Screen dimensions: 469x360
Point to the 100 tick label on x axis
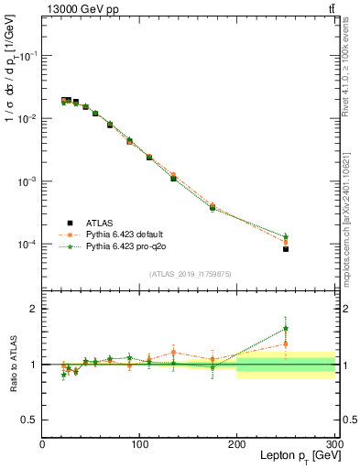pyautogui.click(x=140, y=444)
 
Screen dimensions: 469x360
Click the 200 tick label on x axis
pyautogui.click(x=237, y=444)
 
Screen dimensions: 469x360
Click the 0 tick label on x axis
pyautogui.click(x=42, y=444)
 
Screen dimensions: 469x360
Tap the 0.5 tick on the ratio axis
pyautogui.click(x=30, y=420)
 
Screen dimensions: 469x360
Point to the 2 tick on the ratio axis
pyautogui.click(x=34, y=309)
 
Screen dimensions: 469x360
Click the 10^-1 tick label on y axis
pyautogui.click(x=28, y=56)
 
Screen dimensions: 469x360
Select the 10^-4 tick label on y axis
pyautogui.click(x=28, y=245)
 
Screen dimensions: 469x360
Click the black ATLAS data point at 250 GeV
pyautogui.click(x=286, y=249)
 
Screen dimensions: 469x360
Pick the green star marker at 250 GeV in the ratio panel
pyautogui.click(x=286, y=328)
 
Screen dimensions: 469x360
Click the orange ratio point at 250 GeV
pyautogui.click(x=286, y=344)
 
